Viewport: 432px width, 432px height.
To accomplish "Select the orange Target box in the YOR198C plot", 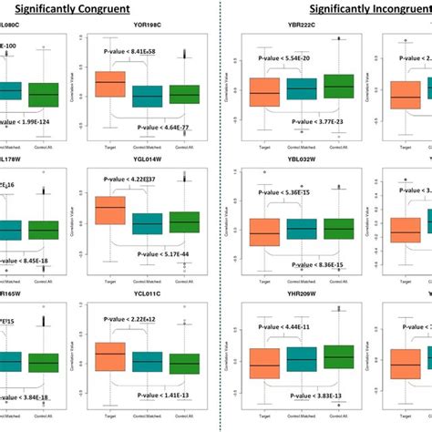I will coord(110,84).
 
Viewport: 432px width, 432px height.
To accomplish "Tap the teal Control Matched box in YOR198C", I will coord(146,96).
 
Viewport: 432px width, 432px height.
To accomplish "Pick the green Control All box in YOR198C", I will coord(183,94).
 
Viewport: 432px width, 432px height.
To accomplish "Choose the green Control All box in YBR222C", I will coord(336,87).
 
